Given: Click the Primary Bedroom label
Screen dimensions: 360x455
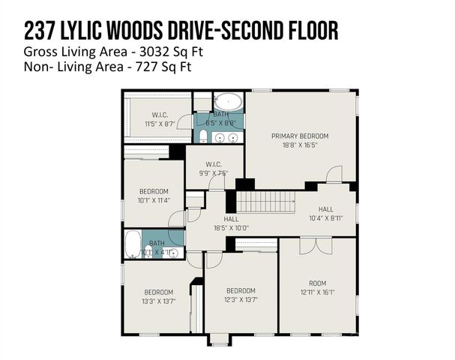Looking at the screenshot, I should pos(300,136).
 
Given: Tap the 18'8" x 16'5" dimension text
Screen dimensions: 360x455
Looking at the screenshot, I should pos(300,145).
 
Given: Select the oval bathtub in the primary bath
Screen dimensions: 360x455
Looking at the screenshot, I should pos(228,102).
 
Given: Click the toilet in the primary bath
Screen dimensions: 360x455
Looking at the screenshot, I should pos(203,135).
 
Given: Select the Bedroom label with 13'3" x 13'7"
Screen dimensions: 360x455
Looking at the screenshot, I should pos(158,292).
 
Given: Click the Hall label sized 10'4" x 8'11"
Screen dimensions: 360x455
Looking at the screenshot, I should pos(325,209).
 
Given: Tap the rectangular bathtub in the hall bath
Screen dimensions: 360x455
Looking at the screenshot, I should pos(133,244).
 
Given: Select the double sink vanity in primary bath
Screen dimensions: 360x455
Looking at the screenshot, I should pos(227,137).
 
